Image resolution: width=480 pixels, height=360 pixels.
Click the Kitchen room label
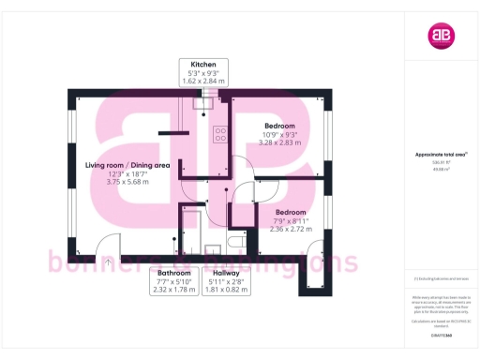coord(203,62)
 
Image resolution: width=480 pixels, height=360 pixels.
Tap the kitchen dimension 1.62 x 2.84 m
coord(203,81)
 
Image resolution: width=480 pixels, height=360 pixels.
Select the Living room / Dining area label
coord(127,165)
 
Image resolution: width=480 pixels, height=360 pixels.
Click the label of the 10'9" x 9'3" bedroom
coord(279,126)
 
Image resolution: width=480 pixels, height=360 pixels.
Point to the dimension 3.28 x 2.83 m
coord(279,143)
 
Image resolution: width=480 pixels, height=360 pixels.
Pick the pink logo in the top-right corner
coord(440,37)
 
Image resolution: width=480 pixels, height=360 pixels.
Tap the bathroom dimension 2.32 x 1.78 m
coord(172,290)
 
